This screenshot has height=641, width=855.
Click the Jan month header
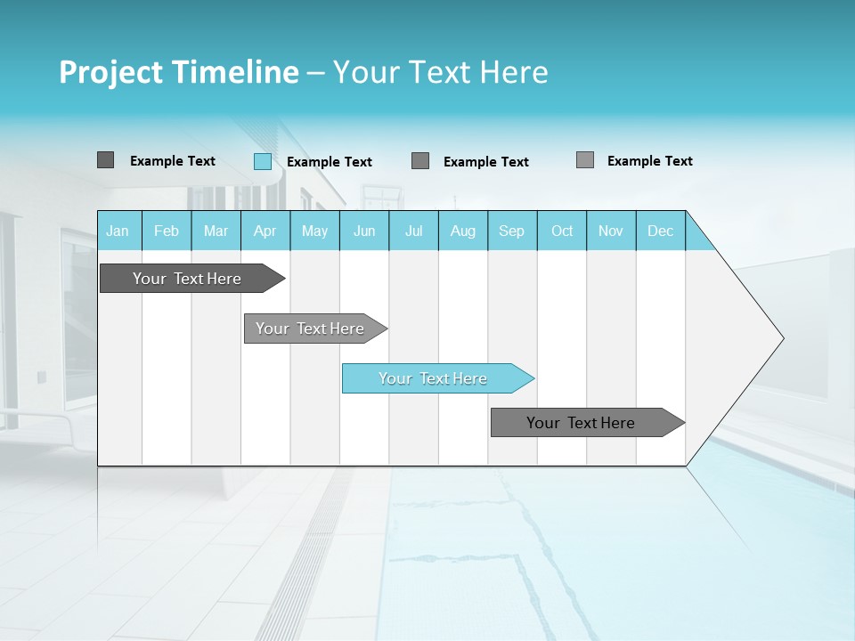click(118, 231)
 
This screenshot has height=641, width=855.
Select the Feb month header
click(167, 231)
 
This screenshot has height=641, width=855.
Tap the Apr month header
click(265, 231)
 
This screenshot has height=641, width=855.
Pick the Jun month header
click(364, 231)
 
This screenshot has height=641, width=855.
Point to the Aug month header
click(463, 231)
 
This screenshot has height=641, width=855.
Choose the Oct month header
click(562, 231)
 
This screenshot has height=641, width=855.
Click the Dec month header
click(661, 231)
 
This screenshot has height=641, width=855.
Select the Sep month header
click(512, 231)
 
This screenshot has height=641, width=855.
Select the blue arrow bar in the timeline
click(435, 378)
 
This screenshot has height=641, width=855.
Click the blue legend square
click(263, 161)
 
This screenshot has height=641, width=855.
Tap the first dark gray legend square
click(106, 160)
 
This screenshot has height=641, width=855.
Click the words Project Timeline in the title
click(178, 72)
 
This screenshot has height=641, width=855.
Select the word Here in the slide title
click(514, 72)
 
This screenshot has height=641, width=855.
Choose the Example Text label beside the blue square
click(330, 162)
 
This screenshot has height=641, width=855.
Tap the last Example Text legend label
click(650, 161)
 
